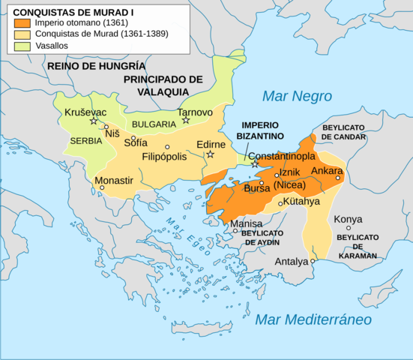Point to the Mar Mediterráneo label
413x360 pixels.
coord(313,320)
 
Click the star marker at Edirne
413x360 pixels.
coord(211,154)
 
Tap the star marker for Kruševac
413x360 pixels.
coord(94,121)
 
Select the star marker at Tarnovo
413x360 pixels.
coord(186,121)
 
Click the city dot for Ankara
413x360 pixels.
coord(338,178)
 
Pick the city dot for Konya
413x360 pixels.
coord(348,228)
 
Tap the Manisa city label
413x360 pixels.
coord(247,224)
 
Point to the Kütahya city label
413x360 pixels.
coord(304,202)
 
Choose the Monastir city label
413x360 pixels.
coord(114,180)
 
